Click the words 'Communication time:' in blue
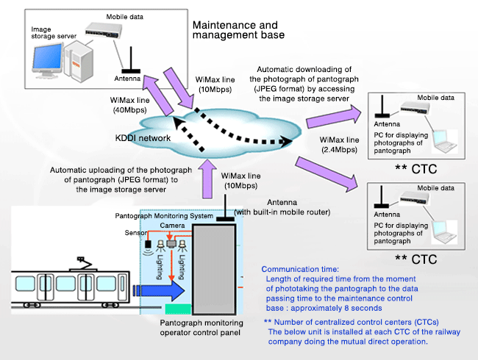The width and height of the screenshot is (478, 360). (299, 269)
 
